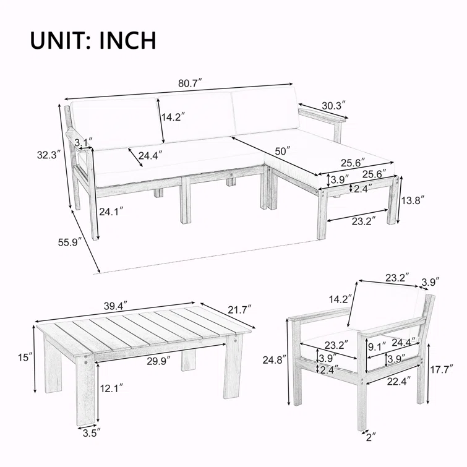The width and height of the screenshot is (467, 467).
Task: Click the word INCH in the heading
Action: (x=128, y=40)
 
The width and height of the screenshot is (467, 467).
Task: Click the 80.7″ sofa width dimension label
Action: (x=190, y=83)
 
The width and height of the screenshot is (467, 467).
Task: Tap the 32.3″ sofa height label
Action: (x=49, y=155)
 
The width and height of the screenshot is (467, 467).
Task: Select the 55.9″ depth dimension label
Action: (x=70, y=242)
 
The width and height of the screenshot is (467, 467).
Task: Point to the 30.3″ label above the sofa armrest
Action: (x=333, y=105)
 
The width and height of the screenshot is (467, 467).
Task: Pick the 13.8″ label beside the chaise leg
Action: (x=413, y=200)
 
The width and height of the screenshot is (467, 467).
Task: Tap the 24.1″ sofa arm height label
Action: (x=111, y=212)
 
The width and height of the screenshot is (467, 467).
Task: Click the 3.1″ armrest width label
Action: (x=84, y=142)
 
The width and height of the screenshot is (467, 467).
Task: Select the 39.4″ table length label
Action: (x=116, y=306)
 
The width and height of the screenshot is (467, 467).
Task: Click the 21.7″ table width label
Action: (x=240, y=310)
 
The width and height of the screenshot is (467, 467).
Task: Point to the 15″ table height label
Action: (x=25, y=358)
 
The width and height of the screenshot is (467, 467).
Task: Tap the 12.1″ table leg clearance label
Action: (x=111, y=388)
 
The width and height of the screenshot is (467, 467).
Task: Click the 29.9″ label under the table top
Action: (x=158, y=361)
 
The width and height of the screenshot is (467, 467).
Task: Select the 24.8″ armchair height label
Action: (x=275, y=360)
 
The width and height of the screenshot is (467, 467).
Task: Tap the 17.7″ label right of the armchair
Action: (x=442, y=369)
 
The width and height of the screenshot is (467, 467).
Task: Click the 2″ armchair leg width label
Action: (x=371, y=437)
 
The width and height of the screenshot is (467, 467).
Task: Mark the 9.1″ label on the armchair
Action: (x=377, y=346)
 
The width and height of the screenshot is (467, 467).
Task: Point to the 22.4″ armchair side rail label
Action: (x=399, y=381)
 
